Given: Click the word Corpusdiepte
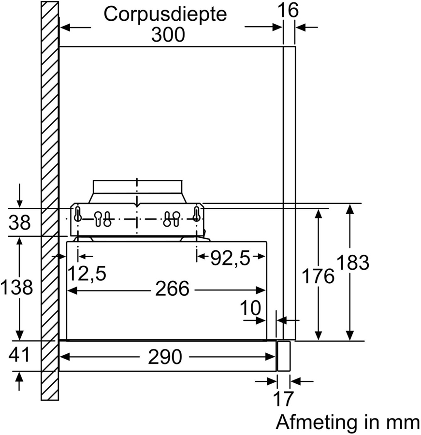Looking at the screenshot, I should pyautogui.click(x=165, y=14).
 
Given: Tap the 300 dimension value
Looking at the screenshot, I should pyautogui.click(x=168, y=35).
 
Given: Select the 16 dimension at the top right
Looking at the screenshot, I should pyautogui.click(x=289, y=10).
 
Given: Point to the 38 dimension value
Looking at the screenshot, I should pyautogui.click(x=20, y=223).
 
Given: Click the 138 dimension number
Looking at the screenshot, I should pyautogui.click(x=17, y=288).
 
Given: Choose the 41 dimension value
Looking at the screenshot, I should pyautogui.click(x=19, y=355).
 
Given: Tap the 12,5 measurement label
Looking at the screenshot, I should pyautogui.click(x=86, y=274).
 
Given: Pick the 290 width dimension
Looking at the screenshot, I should pyautogui.click(x=165, y=357).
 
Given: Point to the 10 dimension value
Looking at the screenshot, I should pyautogui.click(x=250, y=307).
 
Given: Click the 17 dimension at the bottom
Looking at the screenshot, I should pyautogui.click(x=284, y=399).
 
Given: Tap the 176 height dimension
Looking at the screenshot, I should pyautogui.click(x=318, y=276).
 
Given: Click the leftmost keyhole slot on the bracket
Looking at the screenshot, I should pyautogui.click(x=77, y=213).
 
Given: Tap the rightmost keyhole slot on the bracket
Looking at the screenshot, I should pyautogui.click(x=196, y=213).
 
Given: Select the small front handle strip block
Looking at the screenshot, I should pyautogui.click(x=283, y=356).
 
